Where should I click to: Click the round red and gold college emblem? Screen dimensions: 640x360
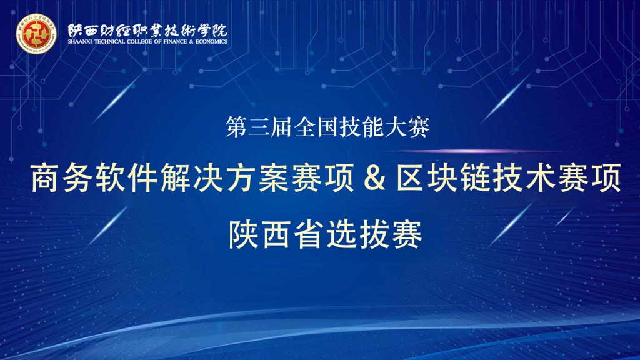click(x=36, y=34)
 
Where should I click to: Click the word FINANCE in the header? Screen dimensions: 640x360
click(x=176, y=42)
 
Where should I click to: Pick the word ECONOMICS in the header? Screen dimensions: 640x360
click(x=211, y=42)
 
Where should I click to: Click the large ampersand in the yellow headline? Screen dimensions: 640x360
click(x=375, y=178)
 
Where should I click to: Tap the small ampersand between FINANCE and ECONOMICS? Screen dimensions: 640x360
click(x=191, y=42)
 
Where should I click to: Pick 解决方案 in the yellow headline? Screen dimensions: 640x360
click(x=225, y=178)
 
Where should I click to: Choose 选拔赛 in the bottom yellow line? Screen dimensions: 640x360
click(x=374, y=234)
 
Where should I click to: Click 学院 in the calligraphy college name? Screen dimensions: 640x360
click(x=212, y=31)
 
